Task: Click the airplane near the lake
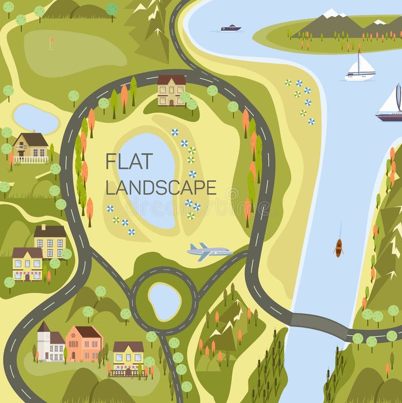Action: (209, 251)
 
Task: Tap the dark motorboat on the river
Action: (231, 28)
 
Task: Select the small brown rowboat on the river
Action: (339, 248)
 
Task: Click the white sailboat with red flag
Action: (360, 68)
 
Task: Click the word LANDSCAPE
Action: (161, 187)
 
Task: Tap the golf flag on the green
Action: (51, 42)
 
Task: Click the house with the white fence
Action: (31, 148)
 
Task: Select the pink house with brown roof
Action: (84, 343)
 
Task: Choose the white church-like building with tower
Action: (50, 343)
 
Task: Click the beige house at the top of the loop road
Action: (171, 91)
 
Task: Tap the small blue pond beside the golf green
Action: (35, 119)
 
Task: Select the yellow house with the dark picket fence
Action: (128, 358)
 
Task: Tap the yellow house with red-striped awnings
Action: (27, 264)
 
